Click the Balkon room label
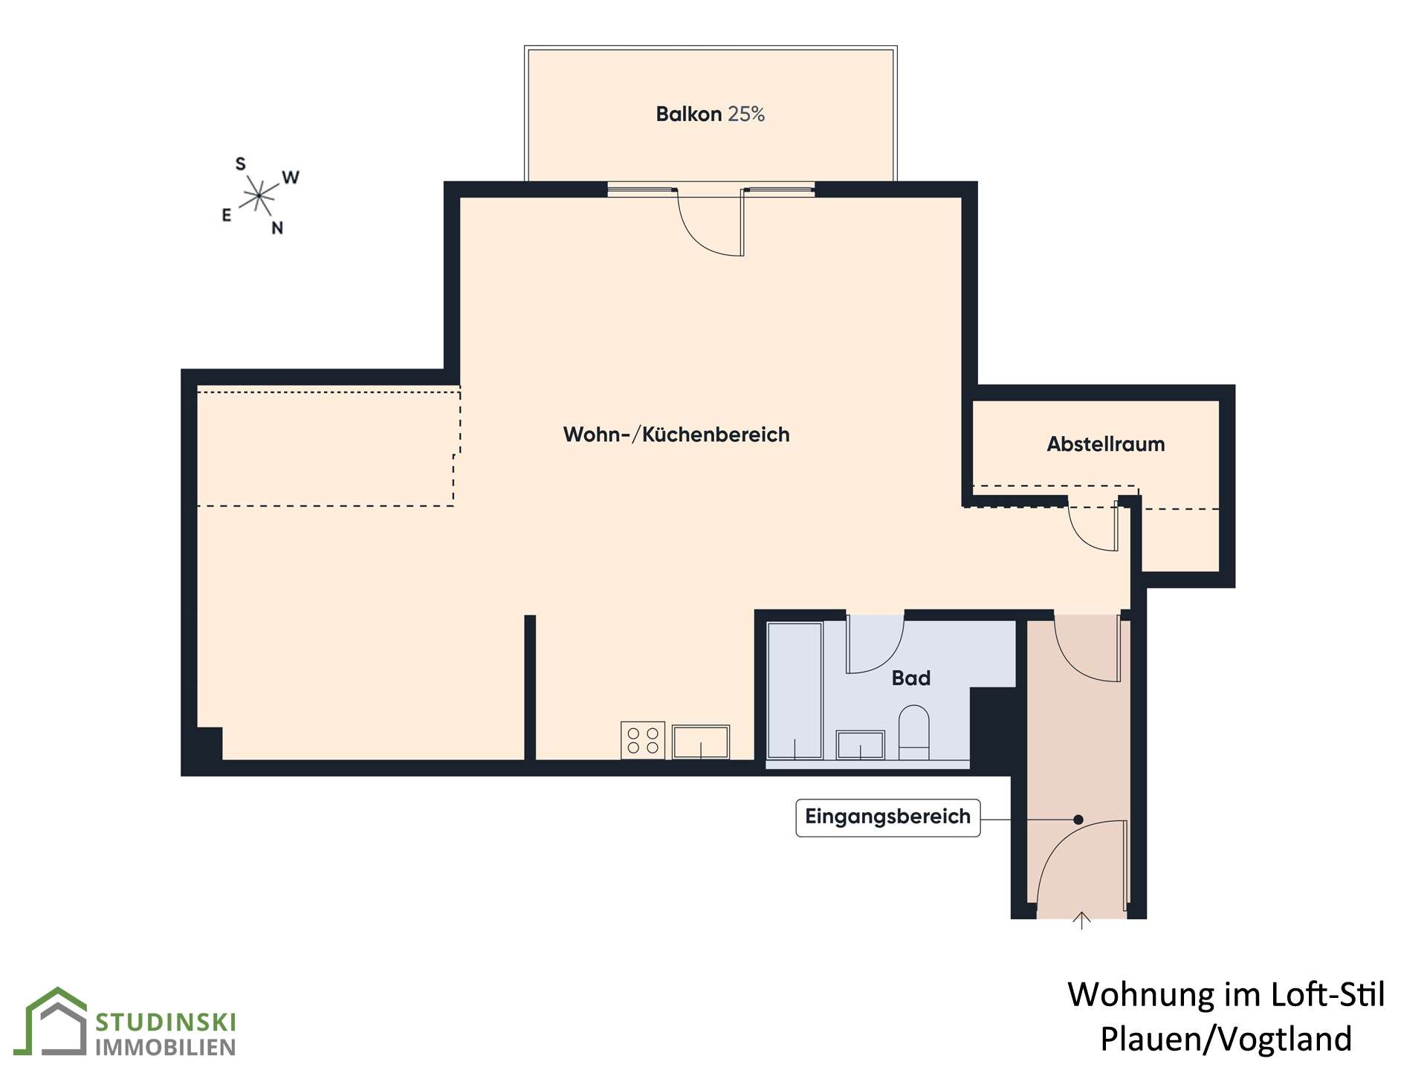click(x=688, y=114)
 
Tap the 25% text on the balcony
click(x=746, y=114)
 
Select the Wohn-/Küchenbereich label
click(x=676, y=435)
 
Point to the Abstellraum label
click(x=1106, y=444)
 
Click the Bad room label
click(x=911, y=678)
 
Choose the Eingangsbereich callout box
click(x=888, y=817)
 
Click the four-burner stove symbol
click(x=643, y=740)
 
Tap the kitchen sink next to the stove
click(x=701, y=742)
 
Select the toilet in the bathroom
click(x=914, y=733)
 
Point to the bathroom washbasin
click(x=861, y=745)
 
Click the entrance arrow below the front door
click(x=1081, y=921)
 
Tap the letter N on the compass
click(x=277, y=228)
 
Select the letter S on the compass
click(x=240, y=163)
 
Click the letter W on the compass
click(x=291, y=178)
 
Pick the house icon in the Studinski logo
click(x=56, y=1021)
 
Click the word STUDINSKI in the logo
click(x=165, y=1022)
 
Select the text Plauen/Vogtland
click(x=1226, y=1039)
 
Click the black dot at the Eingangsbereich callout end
click(x=1078, y=820)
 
